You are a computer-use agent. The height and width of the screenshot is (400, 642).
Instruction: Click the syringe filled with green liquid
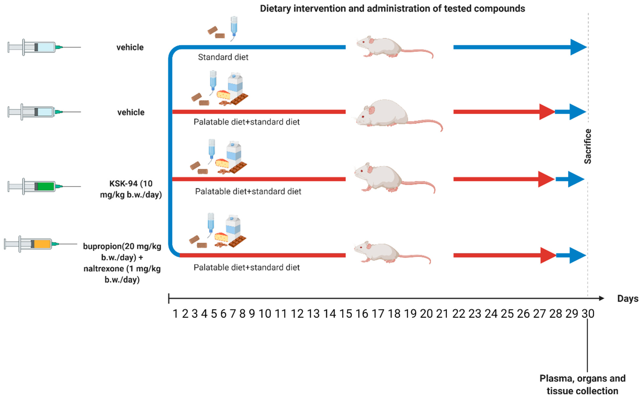click(44, 186)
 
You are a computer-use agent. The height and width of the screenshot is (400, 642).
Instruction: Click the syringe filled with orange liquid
click(40, 244)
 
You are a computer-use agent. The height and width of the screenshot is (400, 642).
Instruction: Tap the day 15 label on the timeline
click(346, 314)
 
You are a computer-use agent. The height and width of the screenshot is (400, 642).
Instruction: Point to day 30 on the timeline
click(588, 314)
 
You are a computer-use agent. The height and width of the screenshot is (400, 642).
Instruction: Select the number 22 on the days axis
click(458, 314)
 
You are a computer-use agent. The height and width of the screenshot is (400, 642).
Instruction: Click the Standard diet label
click(223, 57)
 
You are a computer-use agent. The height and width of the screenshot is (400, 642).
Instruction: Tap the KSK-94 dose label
click(131, 189)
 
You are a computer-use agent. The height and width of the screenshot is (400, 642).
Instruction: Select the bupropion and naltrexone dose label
click(122, 263)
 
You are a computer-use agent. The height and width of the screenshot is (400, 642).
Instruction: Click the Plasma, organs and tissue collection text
click(582, 384)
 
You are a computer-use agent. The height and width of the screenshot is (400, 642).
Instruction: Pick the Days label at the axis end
click(627, 299)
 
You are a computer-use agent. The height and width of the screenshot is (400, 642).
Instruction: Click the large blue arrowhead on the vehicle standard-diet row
click(578, 47)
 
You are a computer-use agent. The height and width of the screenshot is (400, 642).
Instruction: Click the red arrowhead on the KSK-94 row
click(546, 179)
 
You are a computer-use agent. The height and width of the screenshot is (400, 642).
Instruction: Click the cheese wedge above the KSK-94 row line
click(222, 163)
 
